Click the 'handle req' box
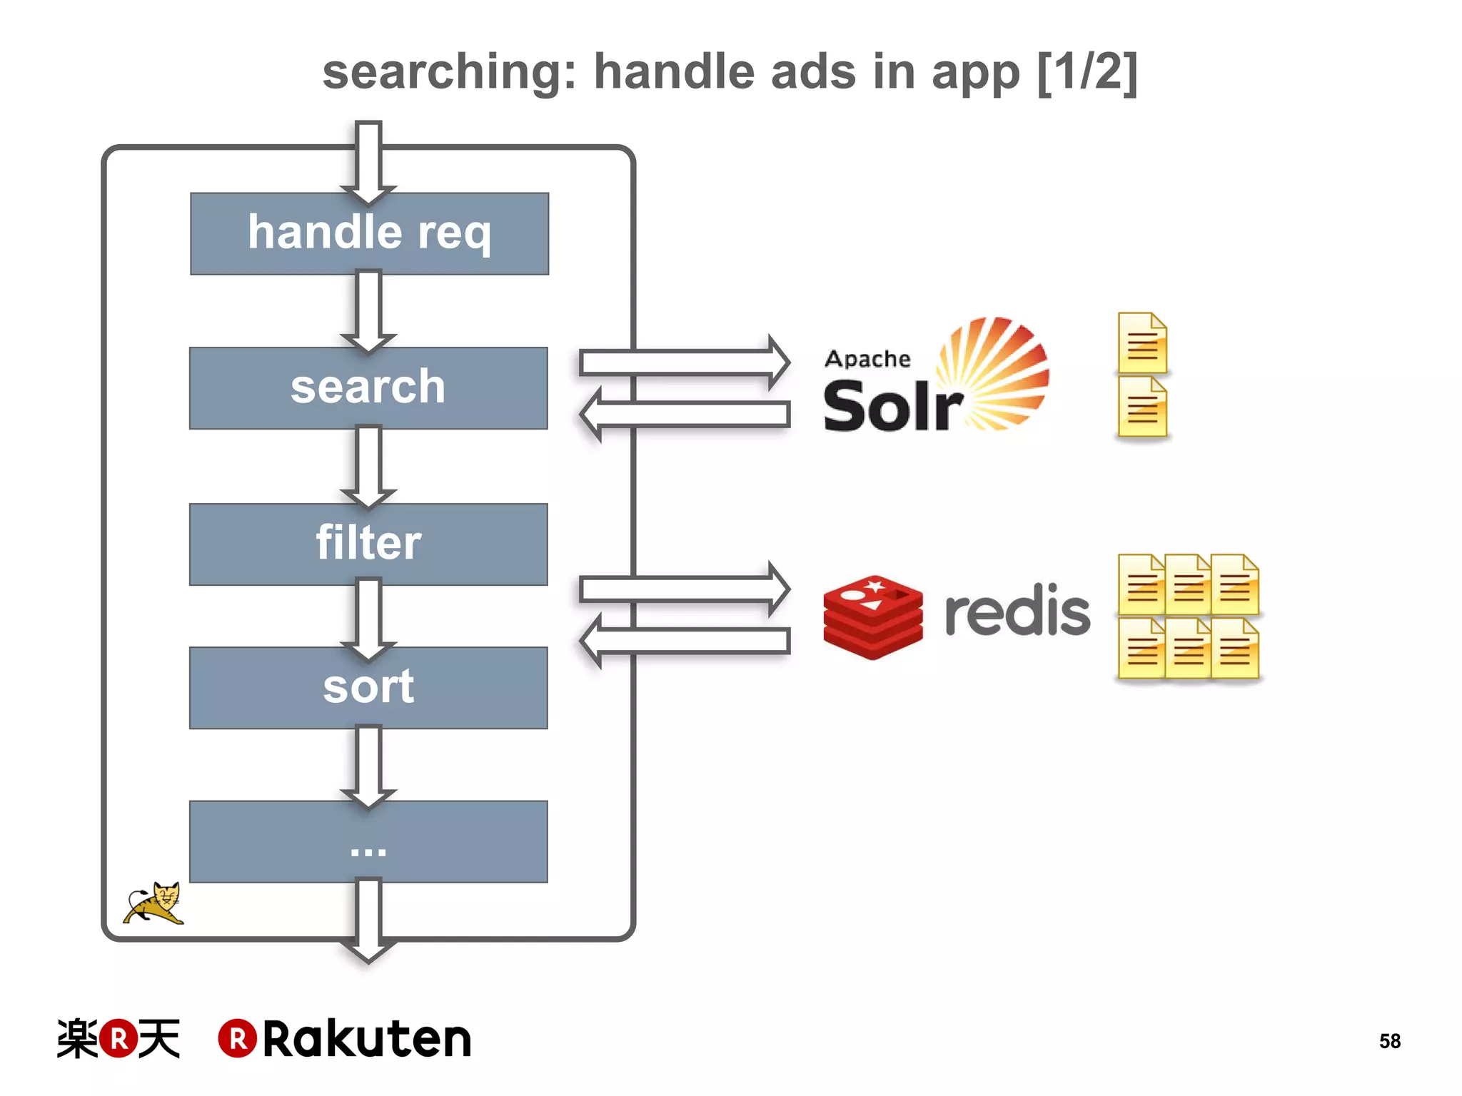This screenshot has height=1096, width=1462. (x=369, y=233)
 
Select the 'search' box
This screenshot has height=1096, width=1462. (x=368, y=388)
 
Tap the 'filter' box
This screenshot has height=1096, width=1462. (x=368, y=544)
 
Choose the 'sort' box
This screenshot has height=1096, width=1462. (x=368, y=688)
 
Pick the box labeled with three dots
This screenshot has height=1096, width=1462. (x=368, y=842)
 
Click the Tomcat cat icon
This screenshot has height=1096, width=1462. (x=155, y=903)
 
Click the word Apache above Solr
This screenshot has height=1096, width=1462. (x=867, y=358)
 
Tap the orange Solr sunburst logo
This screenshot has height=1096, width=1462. (x=996, y=371)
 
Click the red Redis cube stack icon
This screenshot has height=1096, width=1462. (x=872, y=616)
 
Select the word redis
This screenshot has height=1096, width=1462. (x=1017, y=611)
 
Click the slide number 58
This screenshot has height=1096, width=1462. (x=1389, y=1041)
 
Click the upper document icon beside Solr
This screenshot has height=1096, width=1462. (x=1142, y=343)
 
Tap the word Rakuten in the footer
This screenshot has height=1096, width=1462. (x=367, y=1039)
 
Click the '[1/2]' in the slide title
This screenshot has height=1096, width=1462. (x=1087, y=71)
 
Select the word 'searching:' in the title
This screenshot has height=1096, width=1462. (x=450, y=73)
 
